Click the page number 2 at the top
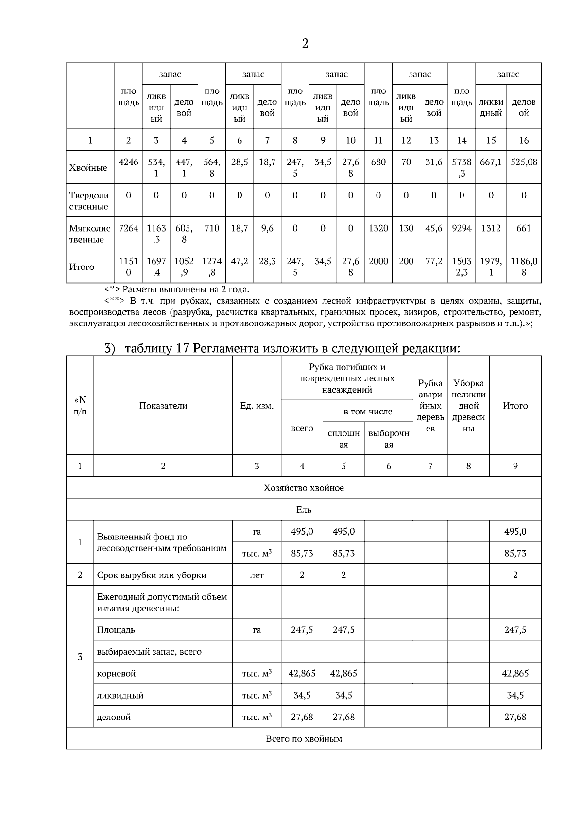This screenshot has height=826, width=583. pyautogui.click(x=305, y=44)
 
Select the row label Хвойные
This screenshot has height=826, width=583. pyautogui.click(x=88, y=168)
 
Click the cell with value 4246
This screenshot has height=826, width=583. pyautogui.click(x=128, y=162)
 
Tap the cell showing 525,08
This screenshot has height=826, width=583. pyautogui.click(x=524, y=162)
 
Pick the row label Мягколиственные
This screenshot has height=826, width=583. pyautogui.click(x=90, y=233)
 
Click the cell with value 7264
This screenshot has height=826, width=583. pyautogui.click(x=128, y=228)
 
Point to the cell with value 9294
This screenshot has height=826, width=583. pyautogui.click(x=462, y=228)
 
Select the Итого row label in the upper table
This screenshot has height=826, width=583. pyautogui.click(x=82, y=267)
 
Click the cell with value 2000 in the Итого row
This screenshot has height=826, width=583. pyautogui.click(x=378, y=261)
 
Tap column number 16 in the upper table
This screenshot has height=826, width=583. pyautogui.click(x=524, y=140)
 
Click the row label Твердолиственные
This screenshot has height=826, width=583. pyautogui.click(x=89, y=200)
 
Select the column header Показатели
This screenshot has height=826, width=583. pyautogui.click(x=163, y=406)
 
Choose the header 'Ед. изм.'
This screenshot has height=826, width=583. pyautogui.click(x=257, y=406)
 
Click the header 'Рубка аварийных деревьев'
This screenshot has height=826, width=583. pyautogui.click(x=430, y=406)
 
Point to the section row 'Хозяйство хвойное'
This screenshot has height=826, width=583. pyautogui.click(x=304, y=488)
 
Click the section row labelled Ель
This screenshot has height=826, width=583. pyautogui.click(x=304, y=510)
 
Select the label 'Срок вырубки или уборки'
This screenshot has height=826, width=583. pyautogui.click(x=152, y=575)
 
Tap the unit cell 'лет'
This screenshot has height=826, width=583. pyautogui.click(x=257, y=575)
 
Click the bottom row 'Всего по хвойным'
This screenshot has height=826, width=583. pyautogui.click(x=304, y=738)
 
